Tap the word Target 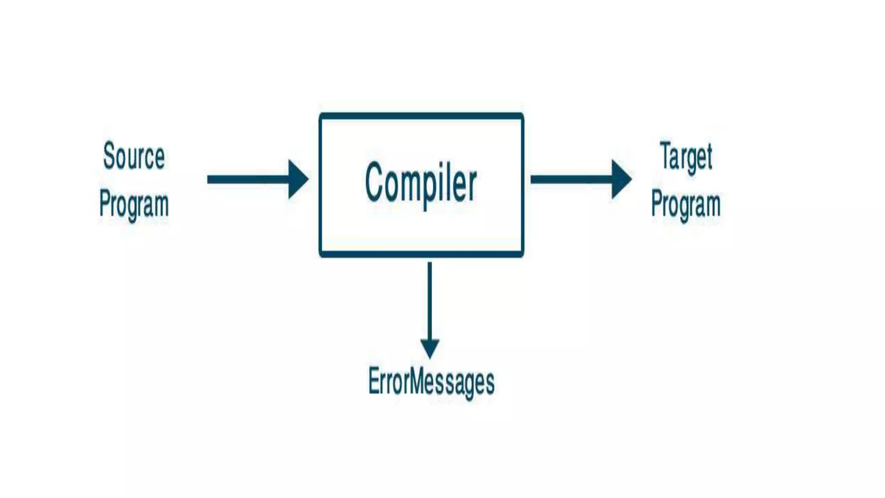(x=686, y=156)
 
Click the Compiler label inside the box (x=421, y=183)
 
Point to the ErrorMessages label (x=431, y=382)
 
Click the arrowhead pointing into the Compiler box (x=298, y=179)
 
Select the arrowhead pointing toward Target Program (x=621, y=179)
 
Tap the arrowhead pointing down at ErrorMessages (x=430, y=348)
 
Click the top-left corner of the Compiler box (x=321, y=115)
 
